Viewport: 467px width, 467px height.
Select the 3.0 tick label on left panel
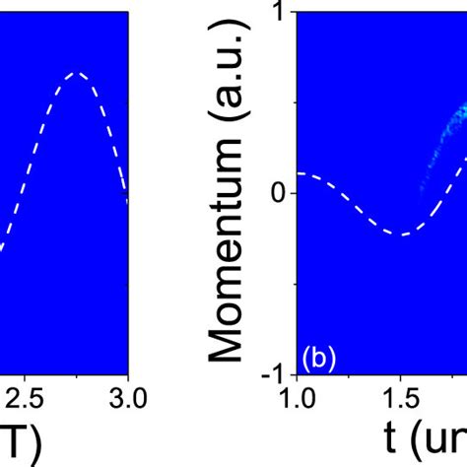click(x=127, y=397)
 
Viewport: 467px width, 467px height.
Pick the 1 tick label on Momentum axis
click(x=280, y=13)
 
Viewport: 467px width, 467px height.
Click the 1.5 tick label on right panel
click(x=399, y=397)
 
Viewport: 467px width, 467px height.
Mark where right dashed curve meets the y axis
click(x=299, y=173)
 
